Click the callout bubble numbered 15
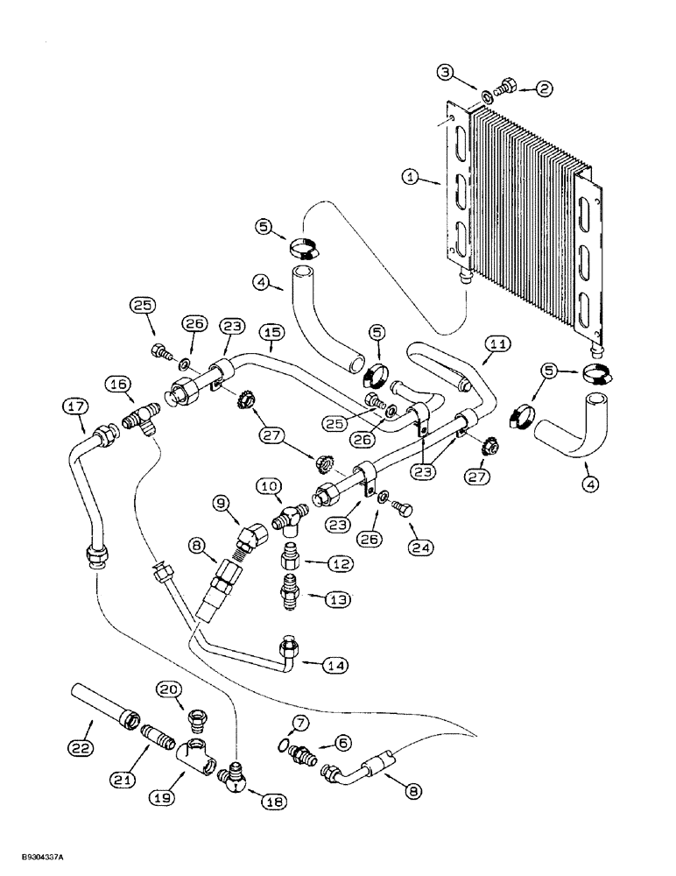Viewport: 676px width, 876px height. coord(271,334)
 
